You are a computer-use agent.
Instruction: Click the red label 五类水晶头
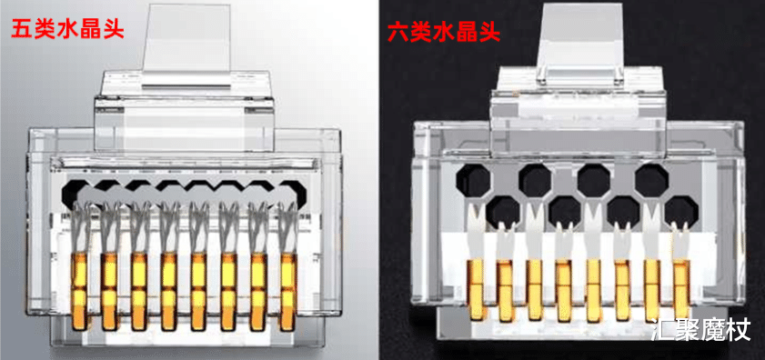pos(67,29)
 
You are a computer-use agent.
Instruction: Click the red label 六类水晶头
pos(444,33)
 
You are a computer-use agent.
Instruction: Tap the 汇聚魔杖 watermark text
pos(702,331)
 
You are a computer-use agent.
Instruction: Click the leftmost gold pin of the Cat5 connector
pos(80,290)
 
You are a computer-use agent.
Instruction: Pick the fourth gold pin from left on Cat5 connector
pos(169,291)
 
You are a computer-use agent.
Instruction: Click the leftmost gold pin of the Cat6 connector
pos(476,289)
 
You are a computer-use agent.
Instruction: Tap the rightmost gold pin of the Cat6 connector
pos(681,290)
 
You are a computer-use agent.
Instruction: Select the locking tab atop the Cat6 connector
pos(580,42)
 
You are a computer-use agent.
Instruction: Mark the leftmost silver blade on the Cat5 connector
pos(81,227)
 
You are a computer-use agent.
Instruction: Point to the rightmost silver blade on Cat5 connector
pos(287,227)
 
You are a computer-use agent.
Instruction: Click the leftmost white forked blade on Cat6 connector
pos(476,233)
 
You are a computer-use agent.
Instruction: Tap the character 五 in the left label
pos(23,29)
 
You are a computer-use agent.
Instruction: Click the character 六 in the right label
pos(399,33)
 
